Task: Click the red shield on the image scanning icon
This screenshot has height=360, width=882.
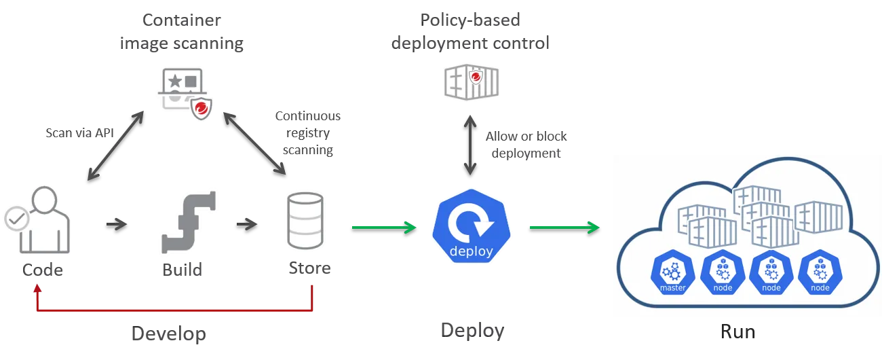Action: [202, 107]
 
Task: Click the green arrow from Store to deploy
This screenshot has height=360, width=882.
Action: [383, 227]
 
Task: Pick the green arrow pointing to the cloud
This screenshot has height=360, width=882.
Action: [564, 227]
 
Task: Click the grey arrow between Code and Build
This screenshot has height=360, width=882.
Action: [117, 223]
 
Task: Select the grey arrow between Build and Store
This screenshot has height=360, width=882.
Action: [247, 223]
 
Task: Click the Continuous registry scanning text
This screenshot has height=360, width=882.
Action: [307, 133]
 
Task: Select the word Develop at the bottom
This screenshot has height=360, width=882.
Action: [168, 334]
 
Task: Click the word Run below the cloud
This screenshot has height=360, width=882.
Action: [737, 331]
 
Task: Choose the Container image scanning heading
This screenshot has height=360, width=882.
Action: [181, 31]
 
